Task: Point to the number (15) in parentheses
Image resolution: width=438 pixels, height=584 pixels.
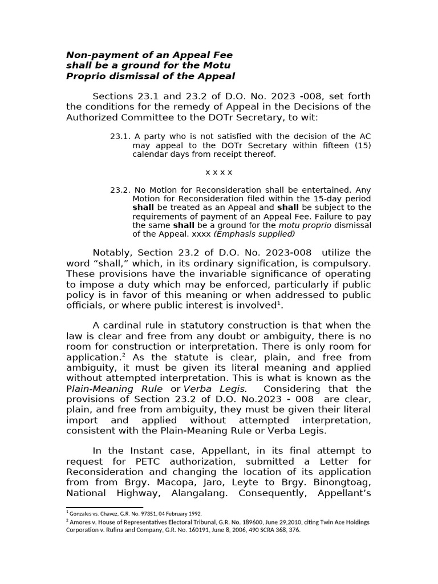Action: tap(360, 145)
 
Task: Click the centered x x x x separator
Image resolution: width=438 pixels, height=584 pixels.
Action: tap(218, 172)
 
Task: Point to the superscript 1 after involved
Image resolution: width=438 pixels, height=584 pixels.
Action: tap(281, 303)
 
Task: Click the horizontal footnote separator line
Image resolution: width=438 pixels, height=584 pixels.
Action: tap(104, 506)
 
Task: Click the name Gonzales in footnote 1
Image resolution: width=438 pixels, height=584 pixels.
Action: tap(83, 513)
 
